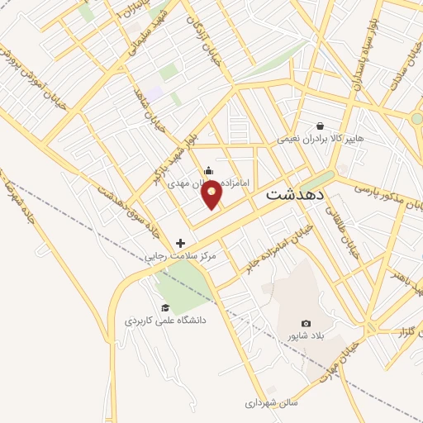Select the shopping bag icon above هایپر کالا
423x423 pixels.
click(319, 126)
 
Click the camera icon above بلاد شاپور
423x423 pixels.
click(307, 323)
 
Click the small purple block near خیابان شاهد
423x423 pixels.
click(154, 95)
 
